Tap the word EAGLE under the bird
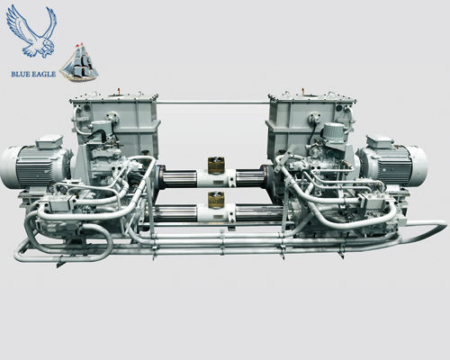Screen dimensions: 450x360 tap(44, 74)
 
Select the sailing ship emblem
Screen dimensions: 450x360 tap(78, 64)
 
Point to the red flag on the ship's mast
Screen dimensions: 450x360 tap(78, 46)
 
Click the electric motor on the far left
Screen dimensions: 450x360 tap(35, 166)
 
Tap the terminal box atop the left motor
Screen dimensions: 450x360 tap(49, 140)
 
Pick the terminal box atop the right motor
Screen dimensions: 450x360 tap(381, 140)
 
